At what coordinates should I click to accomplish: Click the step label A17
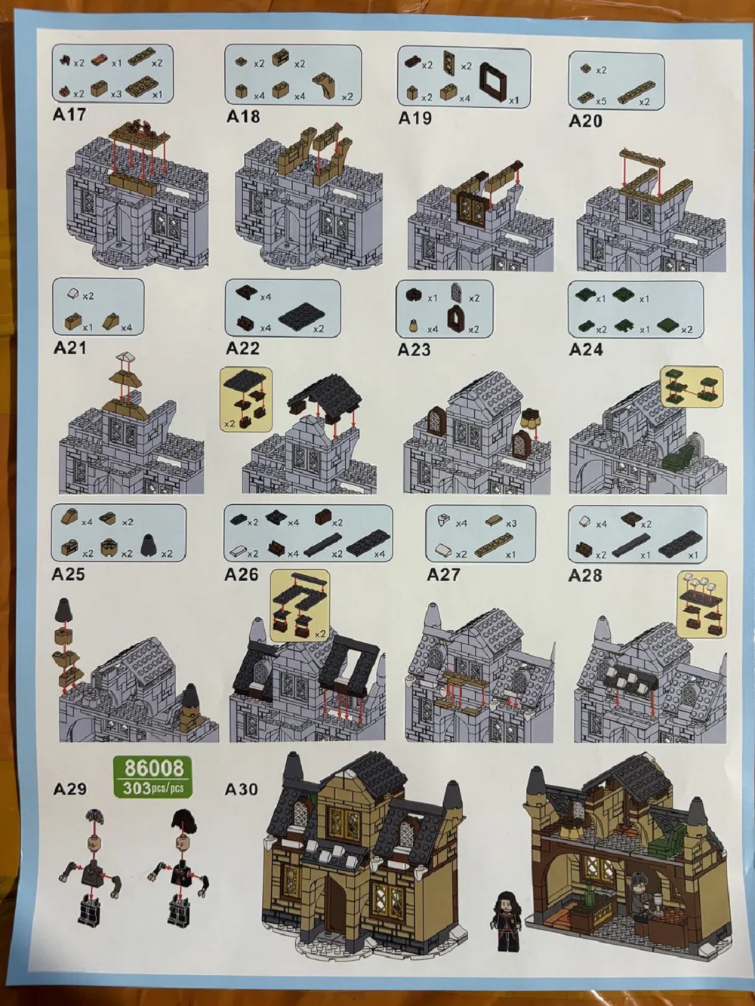69,115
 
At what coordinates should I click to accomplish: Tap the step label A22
242,349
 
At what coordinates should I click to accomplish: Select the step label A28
585,575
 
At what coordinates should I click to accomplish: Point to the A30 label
241,789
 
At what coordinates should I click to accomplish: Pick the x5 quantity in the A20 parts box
600,101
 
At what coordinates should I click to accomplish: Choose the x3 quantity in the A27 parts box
510,523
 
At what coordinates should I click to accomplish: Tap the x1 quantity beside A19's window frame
514,100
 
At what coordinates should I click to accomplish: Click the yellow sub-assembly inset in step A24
692,388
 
